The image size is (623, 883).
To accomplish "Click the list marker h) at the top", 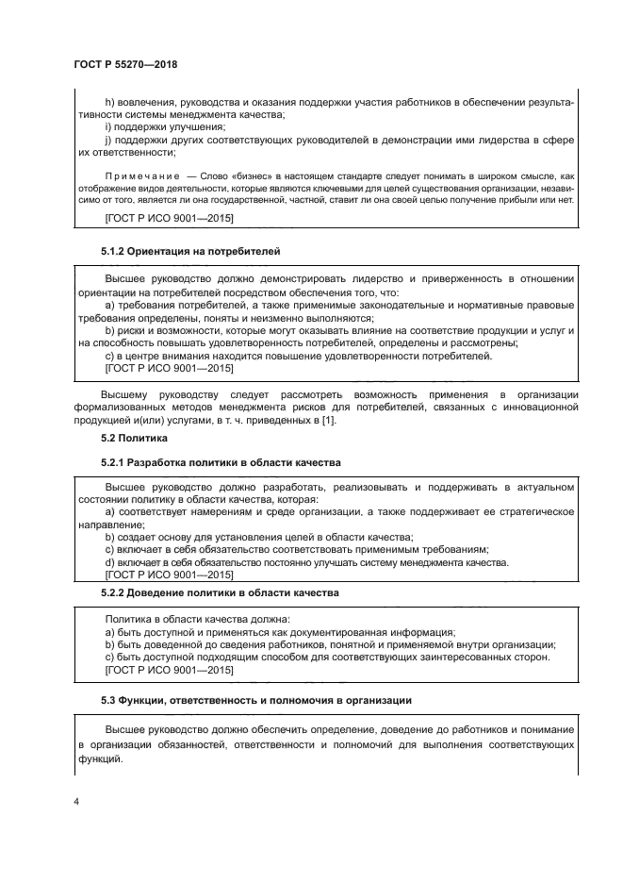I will [107, 100].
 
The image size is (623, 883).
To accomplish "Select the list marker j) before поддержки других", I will [107, 140].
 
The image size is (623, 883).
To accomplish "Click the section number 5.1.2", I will [112, 253].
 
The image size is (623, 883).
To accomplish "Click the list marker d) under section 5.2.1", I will [109, 562].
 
